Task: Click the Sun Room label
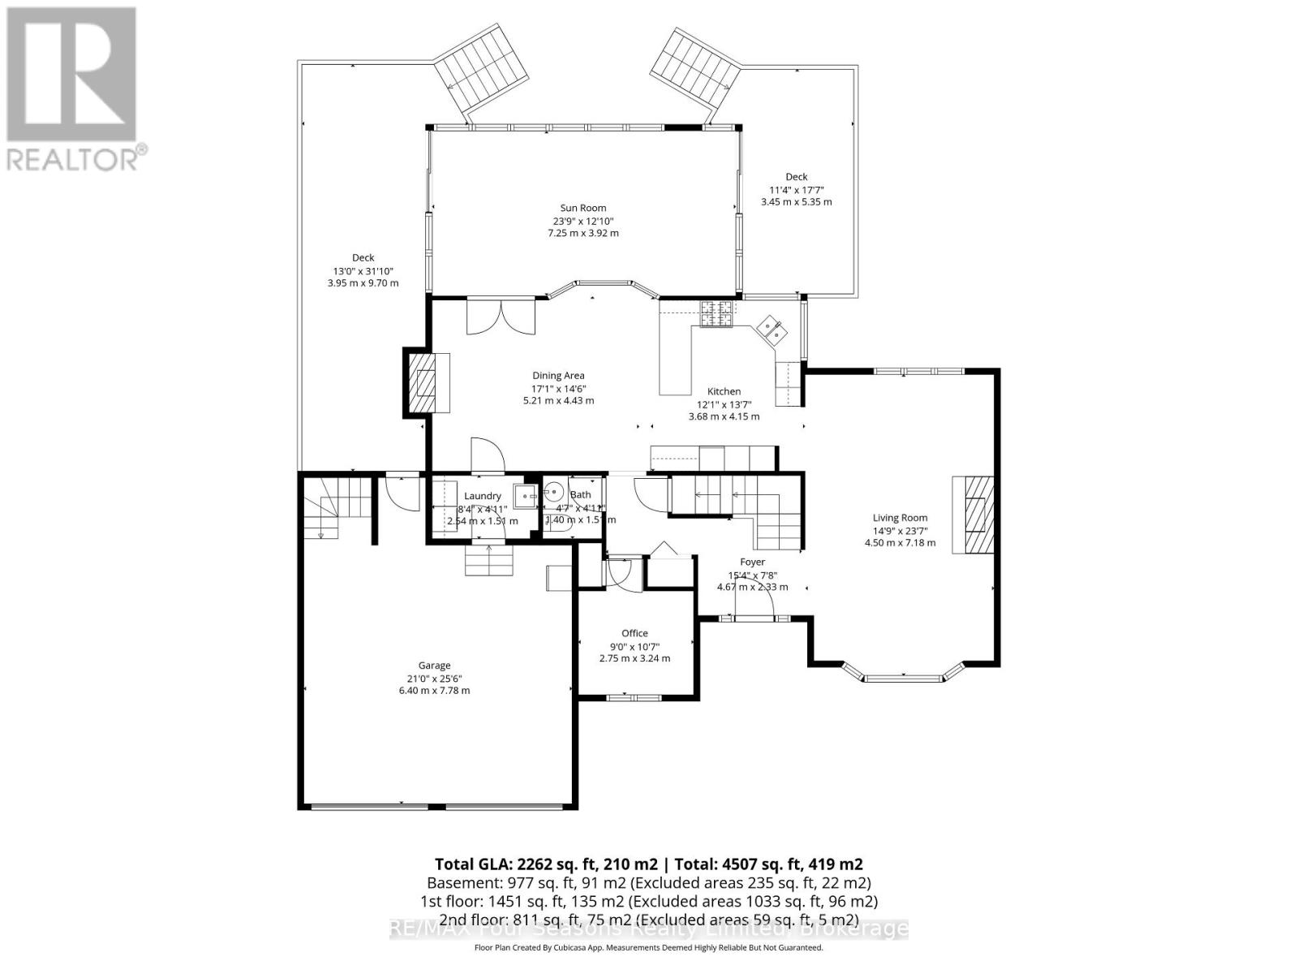tap(582, 208)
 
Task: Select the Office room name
tap(634, 633)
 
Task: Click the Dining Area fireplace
tap(427, 383)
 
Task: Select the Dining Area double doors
tap(501, 317)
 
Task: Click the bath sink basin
tap(555, 493)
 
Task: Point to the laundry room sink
tap(526, 496)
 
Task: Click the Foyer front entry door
tap(754, 605)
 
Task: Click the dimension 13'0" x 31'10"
tap(363, 271)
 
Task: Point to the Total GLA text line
tap(648, 864)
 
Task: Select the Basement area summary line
tap(648, 882)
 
